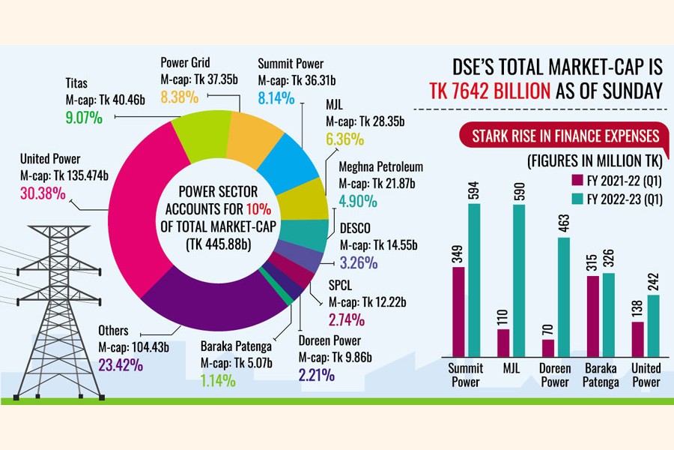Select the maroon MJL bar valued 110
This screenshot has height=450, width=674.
pyautogui.click(x=503, y=342)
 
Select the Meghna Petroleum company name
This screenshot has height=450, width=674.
pyautogui.click(x=380, y=166)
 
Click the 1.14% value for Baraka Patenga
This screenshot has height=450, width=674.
pyautogui.click(x=218, y=380)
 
